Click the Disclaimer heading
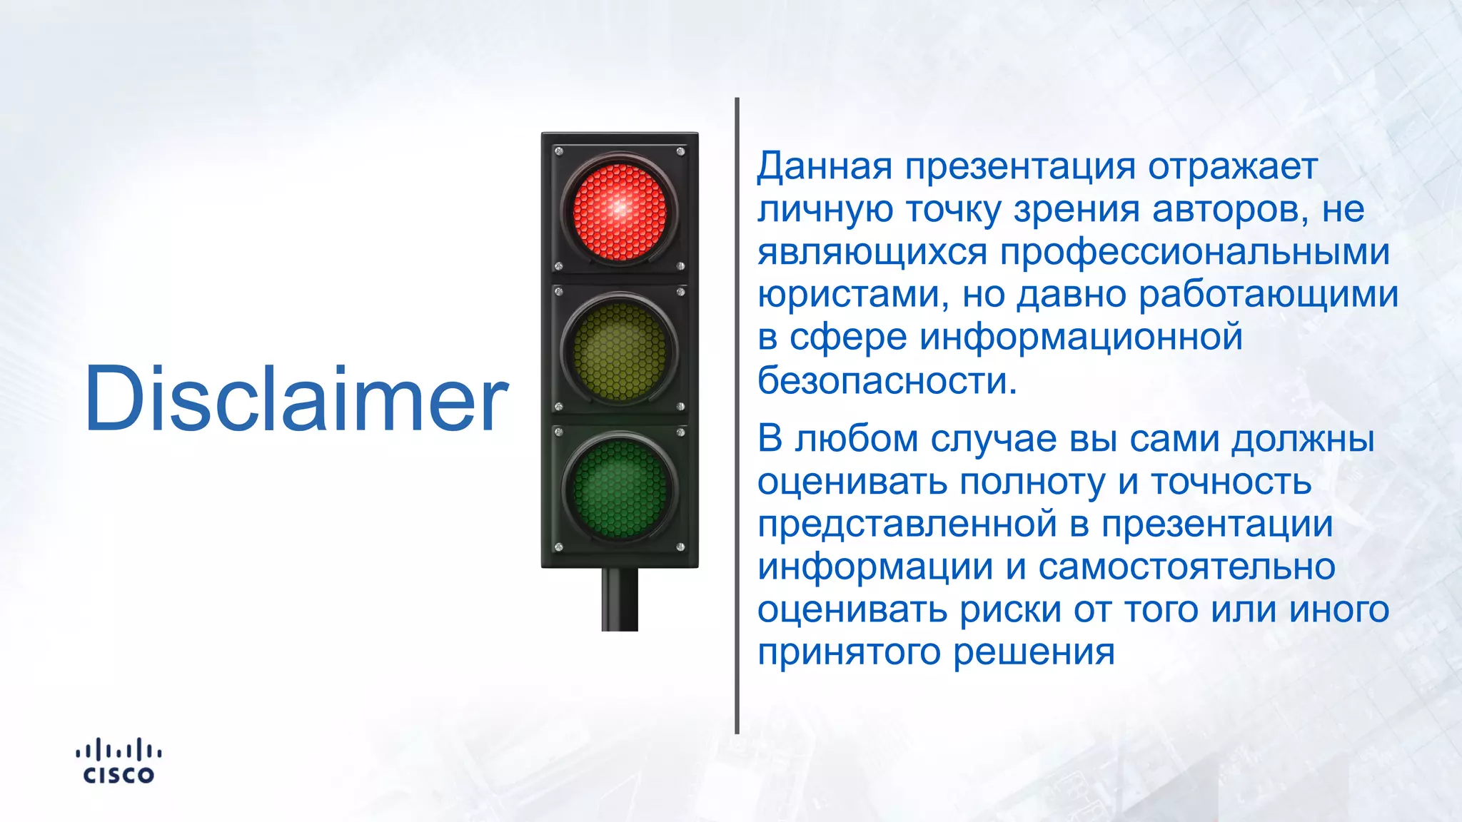coord(296,399)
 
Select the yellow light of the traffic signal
coord(619,350)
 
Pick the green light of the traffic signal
coord(619,489)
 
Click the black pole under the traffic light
coord(619,599)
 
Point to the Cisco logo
coord(119,761)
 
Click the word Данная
coord(825,166)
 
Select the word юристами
coord(853,295)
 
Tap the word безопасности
coord(886,380)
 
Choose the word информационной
coord(1081,337)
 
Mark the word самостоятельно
coord(1186,567)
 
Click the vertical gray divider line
coord(737,414)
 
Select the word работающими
coord(1268,295)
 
